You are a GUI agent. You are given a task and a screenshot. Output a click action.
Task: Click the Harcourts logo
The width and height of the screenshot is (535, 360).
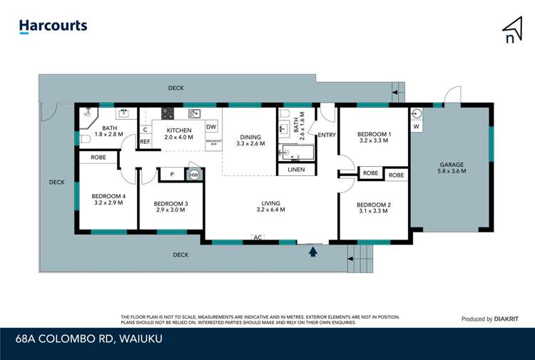[53, 26]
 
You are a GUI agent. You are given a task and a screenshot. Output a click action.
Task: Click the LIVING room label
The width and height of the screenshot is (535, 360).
[270, 206]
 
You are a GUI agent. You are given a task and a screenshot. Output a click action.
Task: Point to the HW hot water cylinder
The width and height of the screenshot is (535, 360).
[194, 174]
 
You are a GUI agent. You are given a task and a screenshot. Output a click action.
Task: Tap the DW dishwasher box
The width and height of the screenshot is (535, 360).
[211, 128]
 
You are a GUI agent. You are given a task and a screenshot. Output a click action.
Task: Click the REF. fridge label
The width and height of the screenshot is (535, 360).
[145, 142]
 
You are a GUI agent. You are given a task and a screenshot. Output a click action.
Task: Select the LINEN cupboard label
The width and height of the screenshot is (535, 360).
[296, 170]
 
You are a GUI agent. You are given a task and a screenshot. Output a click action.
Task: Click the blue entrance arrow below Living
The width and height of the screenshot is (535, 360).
[312, 251]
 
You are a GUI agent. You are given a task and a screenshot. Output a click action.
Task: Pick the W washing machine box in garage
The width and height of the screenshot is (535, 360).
[417, 127]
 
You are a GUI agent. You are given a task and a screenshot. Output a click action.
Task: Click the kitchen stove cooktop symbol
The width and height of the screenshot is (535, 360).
[168, 113]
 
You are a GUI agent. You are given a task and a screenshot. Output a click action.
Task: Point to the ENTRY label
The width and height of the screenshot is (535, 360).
[327, 135]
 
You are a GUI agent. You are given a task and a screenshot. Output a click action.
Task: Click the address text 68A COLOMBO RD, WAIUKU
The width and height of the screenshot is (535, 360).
[88, 338]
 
